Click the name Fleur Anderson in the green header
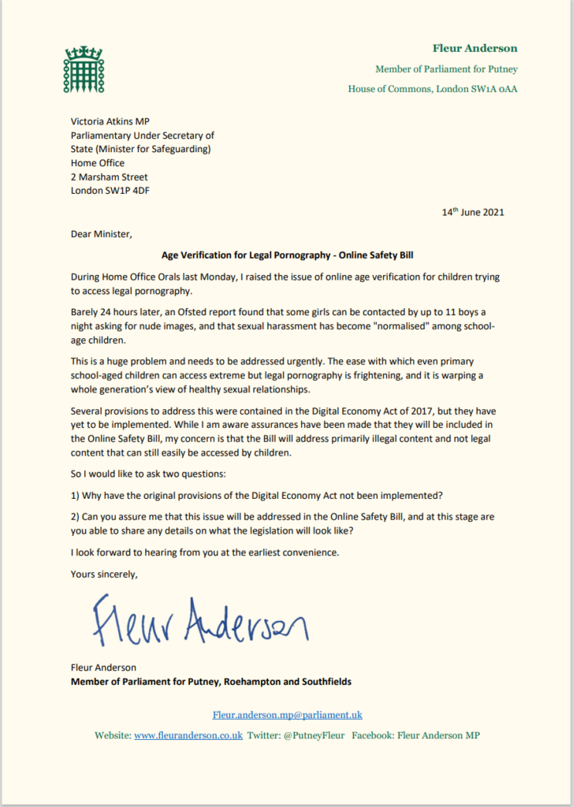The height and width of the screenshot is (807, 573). tap(474, 48)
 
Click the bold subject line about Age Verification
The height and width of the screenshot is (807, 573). tap(286, 255)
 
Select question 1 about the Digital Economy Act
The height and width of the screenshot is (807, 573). tap(257, 497)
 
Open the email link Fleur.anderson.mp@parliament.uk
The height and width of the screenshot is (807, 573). tap(287, 715)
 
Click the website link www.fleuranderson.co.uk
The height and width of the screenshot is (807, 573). tap(188, 735)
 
